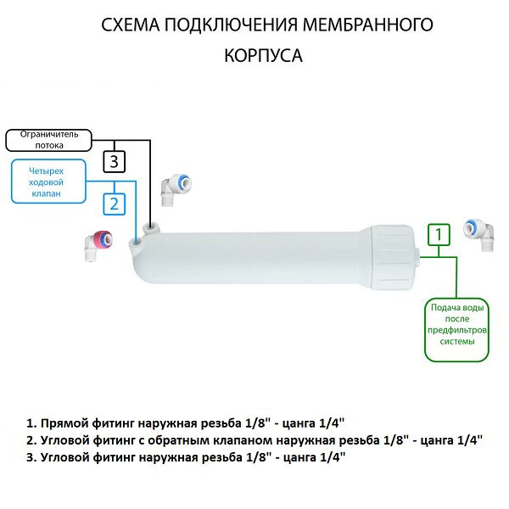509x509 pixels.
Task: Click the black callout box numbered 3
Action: tap(116, 160)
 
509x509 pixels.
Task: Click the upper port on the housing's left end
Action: tap(150, 228)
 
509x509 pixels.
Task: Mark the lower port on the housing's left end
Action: tap(136, 244)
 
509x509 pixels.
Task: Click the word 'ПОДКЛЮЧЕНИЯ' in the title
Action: tap(232, 25)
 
